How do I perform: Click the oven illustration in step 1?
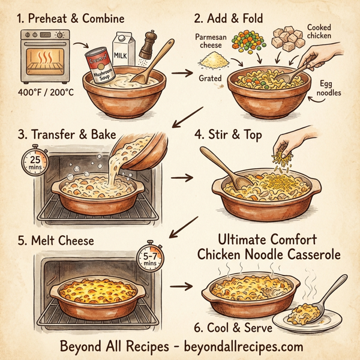[x=43, y=58]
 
